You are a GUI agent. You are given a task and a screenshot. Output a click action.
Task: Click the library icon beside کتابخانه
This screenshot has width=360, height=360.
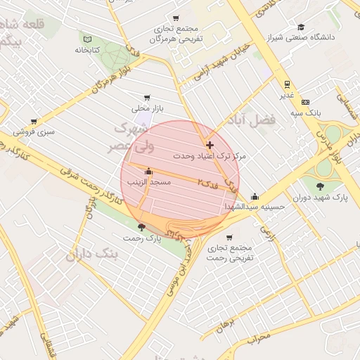[x=87, y=39]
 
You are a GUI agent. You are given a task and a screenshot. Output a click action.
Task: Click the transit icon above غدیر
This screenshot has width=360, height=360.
[x=286, y=82]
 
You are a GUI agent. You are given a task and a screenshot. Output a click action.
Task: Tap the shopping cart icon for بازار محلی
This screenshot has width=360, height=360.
[x=146, y=98]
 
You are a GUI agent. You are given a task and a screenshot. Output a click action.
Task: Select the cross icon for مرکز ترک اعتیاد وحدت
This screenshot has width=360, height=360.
[x=210, y=144]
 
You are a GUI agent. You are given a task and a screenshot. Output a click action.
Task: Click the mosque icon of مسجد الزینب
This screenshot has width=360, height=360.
[x=148, y=172]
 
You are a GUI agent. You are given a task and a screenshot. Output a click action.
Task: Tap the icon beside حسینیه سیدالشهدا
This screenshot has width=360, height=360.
[x=255, y=197]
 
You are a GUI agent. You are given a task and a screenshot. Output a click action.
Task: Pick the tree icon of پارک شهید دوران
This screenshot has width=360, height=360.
[x=321, y=187]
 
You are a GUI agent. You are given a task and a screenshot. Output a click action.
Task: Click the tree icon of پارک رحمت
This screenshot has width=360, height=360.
[x=143, y=227]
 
